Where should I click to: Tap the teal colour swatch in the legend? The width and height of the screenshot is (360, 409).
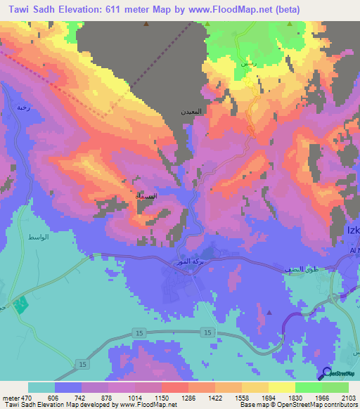pyautogui.click(x=41, y=387)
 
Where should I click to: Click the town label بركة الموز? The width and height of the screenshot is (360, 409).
pyautogui.click(x=189, y=262)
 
